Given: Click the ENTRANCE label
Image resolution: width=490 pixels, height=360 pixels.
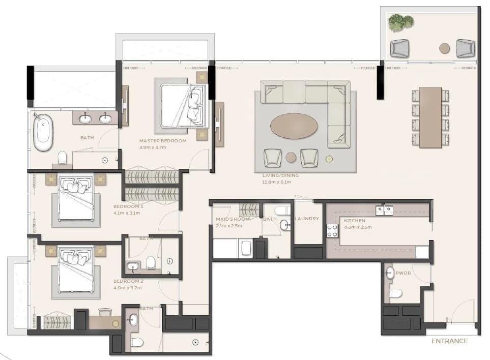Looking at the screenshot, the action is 449,341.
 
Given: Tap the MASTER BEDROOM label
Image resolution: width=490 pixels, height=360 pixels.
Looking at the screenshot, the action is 163,141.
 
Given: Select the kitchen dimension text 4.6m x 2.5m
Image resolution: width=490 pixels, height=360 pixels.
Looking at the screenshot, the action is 358,227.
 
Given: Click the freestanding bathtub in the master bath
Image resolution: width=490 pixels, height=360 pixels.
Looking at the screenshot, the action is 43,132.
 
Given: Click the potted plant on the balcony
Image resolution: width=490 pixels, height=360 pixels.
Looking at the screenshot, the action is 400,22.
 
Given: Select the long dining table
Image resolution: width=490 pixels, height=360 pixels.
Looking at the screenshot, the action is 430,117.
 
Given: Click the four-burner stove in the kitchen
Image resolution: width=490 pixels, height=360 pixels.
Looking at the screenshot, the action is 332,231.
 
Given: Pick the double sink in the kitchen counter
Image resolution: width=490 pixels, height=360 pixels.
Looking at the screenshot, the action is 384,210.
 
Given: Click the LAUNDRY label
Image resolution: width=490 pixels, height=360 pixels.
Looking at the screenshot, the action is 307,219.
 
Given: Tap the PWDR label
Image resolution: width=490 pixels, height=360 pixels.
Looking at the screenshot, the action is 403,273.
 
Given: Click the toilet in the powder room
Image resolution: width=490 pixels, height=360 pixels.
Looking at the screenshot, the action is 395,293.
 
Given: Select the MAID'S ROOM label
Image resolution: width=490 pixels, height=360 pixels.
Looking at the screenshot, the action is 233,219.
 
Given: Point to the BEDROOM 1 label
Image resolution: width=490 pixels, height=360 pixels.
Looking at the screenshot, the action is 128,206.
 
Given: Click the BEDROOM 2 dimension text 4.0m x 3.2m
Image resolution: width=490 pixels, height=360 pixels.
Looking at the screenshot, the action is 128,288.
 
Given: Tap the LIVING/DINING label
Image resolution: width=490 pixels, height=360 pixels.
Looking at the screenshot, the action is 281,175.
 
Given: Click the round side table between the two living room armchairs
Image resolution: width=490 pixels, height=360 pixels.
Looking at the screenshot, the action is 291,157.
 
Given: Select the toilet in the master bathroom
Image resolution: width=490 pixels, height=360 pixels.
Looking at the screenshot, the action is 62,158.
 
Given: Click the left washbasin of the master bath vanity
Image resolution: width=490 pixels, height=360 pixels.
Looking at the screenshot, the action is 85,118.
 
